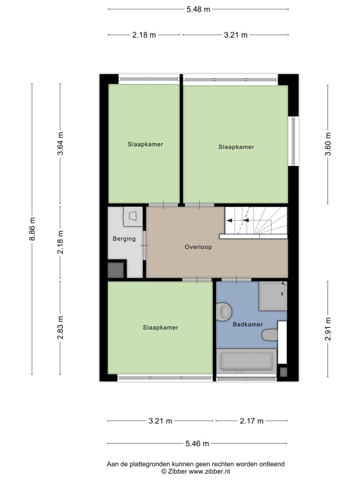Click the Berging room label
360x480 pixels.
click(x=124, y=239)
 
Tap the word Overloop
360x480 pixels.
click(x=198, y=247)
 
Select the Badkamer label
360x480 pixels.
click(x=247, y=324)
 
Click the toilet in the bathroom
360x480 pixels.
click(x=270, y=335)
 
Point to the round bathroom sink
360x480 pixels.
click(x=224, y=312)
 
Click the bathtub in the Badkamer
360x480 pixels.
click(x=247, y=361)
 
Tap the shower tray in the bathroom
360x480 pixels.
click(x=273, y=296)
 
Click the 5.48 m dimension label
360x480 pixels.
click(x=198, y=9)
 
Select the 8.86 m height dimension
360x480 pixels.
click(x=32, y=229)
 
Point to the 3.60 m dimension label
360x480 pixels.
click(x=328, y=144)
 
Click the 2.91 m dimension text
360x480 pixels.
click(x=328, y=329)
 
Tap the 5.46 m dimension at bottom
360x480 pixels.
click(x=197, y=443)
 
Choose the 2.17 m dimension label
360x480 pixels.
click(x=252, y=421)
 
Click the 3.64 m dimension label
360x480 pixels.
click(x=60, y=143)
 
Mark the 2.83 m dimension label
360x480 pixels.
click(x=60, y=328)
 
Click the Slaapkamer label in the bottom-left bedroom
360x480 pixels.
click(x=160, y=328)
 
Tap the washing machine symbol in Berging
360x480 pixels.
click(x=133, y=217)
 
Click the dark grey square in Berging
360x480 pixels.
click(x=116, y=270)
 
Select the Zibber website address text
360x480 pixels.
click(x=209, y=472)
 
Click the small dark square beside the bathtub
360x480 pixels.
click(x=284, y=372)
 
